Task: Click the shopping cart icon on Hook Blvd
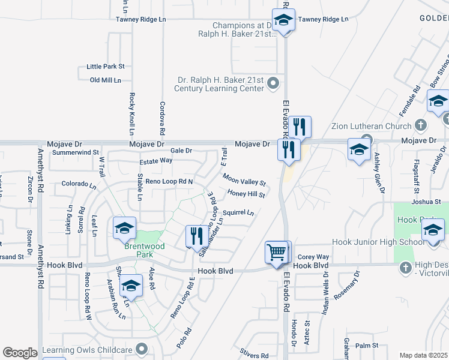276,252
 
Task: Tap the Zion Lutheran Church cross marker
421,125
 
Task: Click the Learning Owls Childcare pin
142,348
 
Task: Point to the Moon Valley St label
244,179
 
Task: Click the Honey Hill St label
246,194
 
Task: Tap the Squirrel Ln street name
238,212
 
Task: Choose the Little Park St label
105,66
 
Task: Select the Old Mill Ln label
105,80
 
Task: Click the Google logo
20,353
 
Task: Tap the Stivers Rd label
256,356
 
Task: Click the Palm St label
367,346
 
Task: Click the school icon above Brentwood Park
124,228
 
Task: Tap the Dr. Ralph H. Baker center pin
274,83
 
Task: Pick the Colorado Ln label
79,184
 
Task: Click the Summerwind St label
75,153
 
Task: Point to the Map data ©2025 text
423,355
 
